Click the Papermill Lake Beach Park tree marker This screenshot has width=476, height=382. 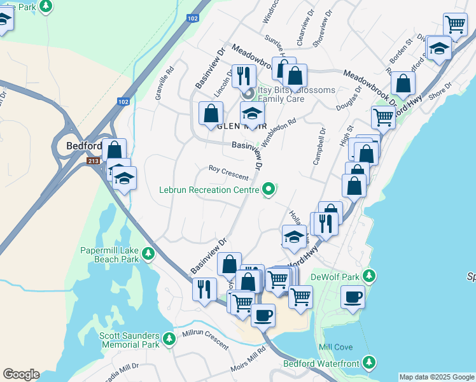pos(148,254)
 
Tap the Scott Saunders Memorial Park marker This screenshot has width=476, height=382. pos(169,337)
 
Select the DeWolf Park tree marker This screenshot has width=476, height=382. pos(368,276)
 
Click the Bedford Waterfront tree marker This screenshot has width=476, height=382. pos(368,362)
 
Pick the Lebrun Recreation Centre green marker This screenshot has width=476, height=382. pos(269,188)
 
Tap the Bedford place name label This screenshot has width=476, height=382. pos(84,146)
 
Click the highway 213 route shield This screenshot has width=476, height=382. pos(94,162)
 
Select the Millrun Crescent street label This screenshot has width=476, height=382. pos(205,340)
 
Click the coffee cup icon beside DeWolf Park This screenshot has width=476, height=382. pos(353,296)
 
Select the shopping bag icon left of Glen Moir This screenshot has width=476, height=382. pos(211,113)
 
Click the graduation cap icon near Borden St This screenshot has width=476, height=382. pos(439,48)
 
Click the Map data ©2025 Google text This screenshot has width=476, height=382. pos(437,377)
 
